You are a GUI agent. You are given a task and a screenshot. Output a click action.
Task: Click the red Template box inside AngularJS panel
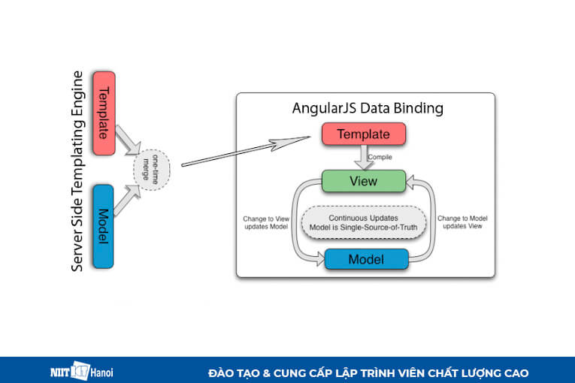(x=364, y=134)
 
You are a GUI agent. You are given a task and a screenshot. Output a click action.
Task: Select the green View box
(x=364, y=181)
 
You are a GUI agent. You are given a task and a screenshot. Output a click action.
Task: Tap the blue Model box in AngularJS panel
(x=366, y=259)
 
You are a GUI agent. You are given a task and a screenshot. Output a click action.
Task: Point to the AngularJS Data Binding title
(x=367, y=108)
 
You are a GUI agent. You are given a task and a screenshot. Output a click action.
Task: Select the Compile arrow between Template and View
(x=365, y=157)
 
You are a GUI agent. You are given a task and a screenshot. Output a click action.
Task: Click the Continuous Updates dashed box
(x=364, y=222)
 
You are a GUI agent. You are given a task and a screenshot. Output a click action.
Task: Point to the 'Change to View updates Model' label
(x=265, y=222)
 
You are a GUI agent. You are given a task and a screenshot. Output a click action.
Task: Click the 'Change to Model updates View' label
(x=462, y=222)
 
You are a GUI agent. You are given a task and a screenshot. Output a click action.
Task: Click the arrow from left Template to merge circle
(x=128, y=140)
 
